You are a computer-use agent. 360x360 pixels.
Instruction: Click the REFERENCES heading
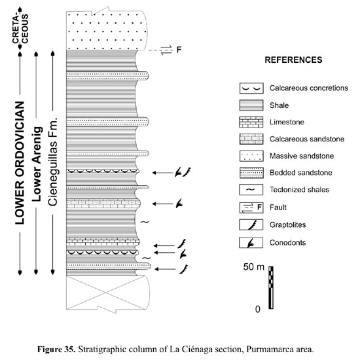coord(293,60)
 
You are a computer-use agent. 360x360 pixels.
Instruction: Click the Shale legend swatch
coord(251,105)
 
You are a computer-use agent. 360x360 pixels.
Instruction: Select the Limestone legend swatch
coord(251,122)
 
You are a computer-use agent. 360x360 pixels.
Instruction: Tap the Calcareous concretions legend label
coord(308,88)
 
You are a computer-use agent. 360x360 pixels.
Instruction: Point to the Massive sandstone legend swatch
coord(251,156)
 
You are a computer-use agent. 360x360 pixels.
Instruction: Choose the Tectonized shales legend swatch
coord(251,190)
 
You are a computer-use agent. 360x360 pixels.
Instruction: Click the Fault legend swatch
coord(251,207)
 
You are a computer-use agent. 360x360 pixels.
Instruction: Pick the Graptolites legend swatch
coord(251,225)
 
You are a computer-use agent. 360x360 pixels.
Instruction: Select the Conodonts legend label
coord(288,243)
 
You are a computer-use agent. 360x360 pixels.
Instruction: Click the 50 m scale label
coord(254,267)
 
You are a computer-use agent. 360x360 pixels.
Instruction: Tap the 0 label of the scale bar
coord(258,309)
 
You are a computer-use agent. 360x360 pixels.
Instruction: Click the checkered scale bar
coord(271,288)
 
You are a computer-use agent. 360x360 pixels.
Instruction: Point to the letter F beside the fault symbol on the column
coord(179,49)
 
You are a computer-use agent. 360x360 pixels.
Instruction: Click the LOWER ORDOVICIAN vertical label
coord(20,163)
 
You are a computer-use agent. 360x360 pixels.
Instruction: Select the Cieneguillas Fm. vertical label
coord(52,162)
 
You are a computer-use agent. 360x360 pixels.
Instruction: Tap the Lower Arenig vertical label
coord(37,164)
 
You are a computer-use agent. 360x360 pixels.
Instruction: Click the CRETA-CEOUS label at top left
coord(20,29)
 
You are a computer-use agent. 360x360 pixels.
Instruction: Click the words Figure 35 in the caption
coord(56,350)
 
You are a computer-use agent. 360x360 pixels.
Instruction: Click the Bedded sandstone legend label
coord(301,173)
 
